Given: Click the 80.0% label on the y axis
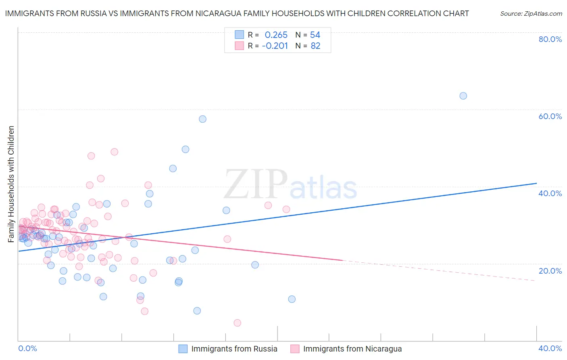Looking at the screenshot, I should tap(550, 39).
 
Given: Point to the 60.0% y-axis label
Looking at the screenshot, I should tap(550, 116).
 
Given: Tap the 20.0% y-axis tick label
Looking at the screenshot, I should tap(550, 270).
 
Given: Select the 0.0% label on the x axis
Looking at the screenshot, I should tap(27, 348).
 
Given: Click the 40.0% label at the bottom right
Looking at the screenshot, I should tap(550, 348).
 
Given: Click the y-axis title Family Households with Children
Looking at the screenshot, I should tap(11, 184).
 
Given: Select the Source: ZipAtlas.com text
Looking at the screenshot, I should tap(531, 13).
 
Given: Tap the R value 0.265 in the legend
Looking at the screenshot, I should tap(276, 35).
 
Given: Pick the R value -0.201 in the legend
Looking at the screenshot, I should tap(275, 46).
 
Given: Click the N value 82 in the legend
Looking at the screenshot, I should tap(315, 46).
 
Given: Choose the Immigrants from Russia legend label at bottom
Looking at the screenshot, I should tap(234, 349).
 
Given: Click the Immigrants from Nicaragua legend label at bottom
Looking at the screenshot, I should tap(352, 349).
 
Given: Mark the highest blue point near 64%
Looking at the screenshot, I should tap(463, 96).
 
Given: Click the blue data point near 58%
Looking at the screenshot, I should tap(202, 119).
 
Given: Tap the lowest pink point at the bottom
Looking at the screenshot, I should tap(237, 323).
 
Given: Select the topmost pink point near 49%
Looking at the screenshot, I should tap(114, 152).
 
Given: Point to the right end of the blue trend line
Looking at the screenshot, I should tap(536, 183).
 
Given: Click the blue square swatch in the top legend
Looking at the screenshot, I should tap(240, 35).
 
